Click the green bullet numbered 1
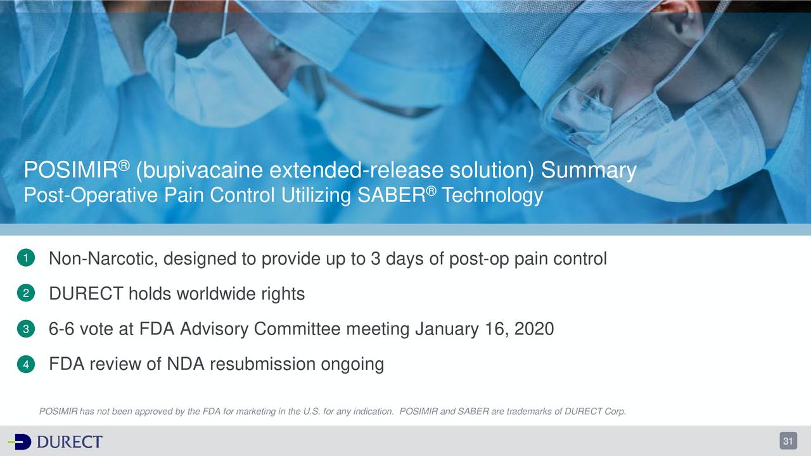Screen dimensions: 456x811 coord(23,259)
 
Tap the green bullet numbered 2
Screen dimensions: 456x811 coord(23,294)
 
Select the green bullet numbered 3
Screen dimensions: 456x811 coord(23,329)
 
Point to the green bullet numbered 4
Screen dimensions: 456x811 coord(23,365)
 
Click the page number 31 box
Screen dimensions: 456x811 coord(788,441)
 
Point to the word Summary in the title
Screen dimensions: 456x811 coord(589,170)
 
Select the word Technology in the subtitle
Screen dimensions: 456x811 coord(492,195)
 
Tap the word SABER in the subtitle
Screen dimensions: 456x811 coord(392,195)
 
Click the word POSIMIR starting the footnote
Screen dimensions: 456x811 coord(58,412)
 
